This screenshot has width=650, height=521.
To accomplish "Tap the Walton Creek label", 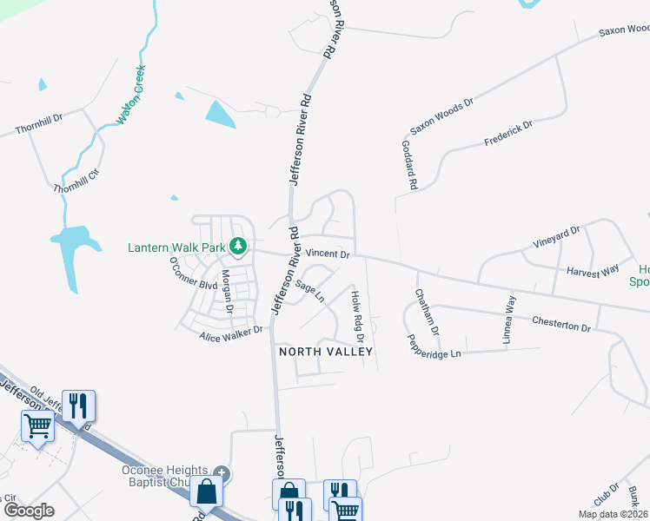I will tap(130, 94).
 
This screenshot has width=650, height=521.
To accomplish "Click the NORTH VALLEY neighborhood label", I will tap(325, 352).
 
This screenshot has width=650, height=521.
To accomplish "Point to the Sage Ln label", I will tap(309, 290).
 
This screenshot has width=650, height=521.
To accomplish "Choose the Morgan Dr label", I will tap(226, 291).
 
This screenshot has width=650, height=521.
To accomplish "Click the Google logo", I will tap(28, 510).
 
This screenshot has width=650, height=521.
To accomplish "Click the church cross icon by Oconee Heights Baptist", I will tap(222, 473).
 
